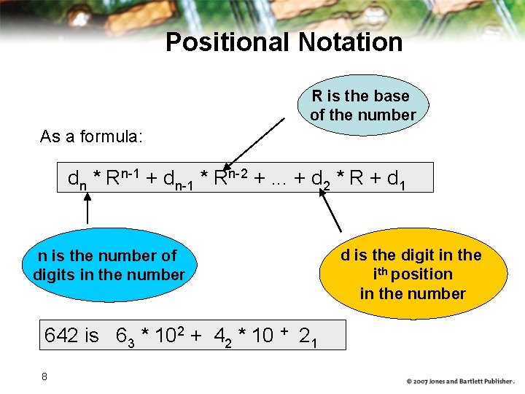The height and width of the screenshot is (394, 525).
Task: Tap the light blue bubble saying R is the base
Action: (362, 105)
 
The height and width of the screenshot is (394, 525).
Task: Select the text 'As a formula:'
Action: (92, 136)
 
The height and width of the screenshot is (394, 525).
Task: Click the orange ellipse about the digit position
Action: (413, 274)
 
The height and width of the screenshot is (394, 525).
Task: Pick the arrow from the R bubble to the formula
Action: (255, 142)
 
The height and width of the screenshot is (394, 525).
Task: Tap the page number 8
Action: (44, 376)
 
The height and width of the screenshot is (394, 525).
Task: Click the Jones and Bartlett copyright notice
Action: (461, 381)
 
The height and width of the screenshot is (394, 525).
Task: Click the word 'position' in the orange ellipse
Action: (423, 274)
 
